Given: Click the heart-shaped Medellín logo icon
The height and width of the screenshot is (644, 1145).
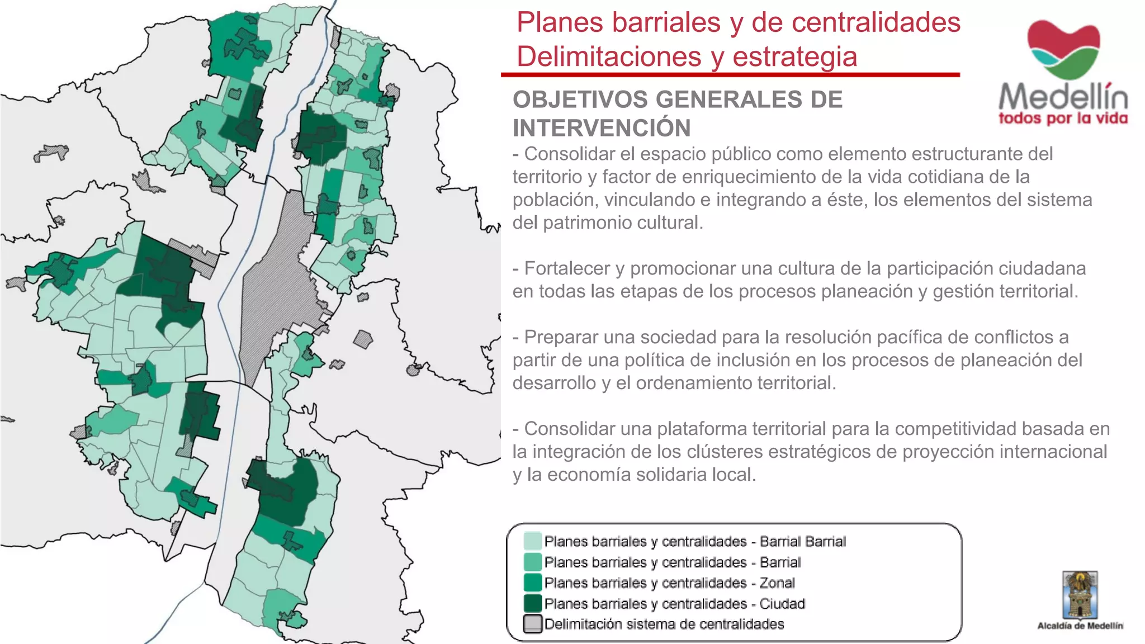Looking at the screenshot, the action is point(1063,49).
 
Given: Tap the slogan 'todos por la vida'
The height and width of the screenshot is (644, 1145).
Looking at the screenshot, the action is point(1063,119).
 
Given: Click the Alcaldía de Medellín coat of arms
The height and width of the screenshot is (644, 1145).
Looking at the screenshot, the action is point(1080,595).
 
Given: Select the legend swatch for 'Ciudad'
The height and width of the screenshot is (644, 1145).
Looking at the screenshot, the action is point(532,604).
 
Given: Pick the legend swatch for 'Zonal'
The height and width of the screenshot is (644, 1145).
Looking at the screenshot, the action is point(532,583).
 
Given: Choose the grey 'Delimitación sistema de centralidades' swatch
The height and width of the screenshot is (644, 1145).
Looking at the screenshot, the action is point(532,624).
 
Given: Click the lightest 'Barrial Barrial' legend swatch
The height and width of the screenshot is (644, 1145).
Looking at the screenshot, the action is point(532,541).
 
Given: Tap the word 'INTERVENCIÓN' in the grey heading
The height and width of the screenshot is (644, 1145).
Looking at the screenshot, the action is point(602,128).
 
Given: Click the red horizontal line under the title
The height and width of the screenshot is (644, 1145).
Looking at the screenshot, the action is point(730,74).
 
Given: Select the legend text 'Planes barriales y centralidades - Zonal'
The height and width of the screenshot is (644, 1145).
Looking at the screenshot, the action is point(669,583).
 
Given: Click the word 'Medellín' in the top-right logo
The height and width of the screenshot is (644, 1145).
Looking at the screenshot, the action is point(1063,97).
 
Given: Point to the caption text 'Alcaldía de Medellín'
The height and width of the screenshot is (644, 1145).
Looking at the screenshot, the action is point(1080,626).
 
